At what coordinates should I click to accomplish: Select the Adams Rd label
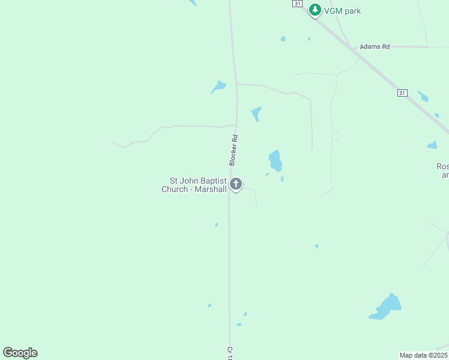(375, 46)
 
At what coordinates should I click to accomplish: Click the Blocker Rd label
(234, 150)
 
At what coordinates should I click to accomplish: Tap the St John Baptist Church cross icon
(236, 184)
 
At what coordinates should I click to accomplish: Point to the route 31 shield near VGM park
(297, 4)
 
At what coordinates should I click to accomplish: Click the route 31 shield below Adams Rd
(402, 93)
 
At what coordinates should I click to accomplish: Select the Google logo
(20, 353)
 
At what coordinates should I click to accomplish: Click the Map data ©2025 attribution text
(423, 355)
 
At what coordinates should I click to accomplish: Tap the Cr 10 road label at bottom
(229, 353)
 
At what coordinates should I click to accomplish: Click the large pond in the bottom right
(386, 307)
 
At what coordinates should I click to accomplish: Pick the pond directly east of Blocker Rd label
(275, 160)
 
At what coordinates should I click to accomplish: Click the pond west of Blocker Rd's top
(218, 87)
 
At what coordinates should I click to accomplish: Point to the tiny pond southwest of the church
(217, 225)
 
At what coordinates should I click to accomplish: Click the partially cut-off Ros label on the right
(442, 166)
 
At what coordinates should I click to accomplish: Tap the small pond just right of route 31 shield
(423, 96)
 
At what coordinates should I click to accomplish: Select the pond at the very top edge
(191, 2)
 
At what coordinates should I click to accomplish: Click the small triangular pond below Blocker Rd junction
(256, 113)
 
